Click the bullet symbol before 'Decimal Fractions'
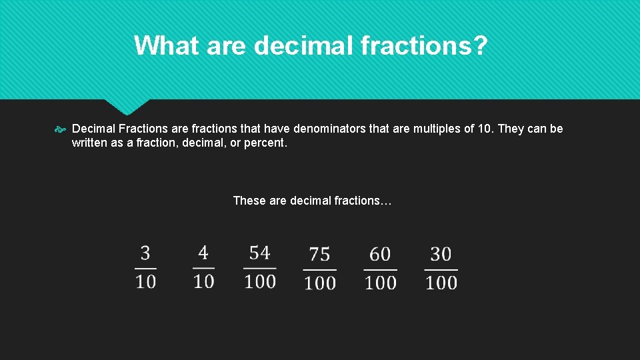60,129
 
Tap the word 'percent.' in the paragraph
266,143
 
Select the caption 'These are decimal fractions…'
313,201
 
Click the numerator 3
145,253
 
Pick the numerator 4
203,253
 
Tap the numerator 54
260,253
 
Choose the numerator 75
320,255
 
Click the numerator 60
380,255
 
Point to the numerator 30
441,254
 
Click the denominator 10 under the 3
145,281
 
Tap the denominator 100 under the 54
260,281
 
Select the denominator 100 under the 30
441,283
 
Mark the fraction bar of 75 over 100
320,270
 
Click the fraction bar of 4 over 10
203,269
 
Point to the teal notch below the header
126,106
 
